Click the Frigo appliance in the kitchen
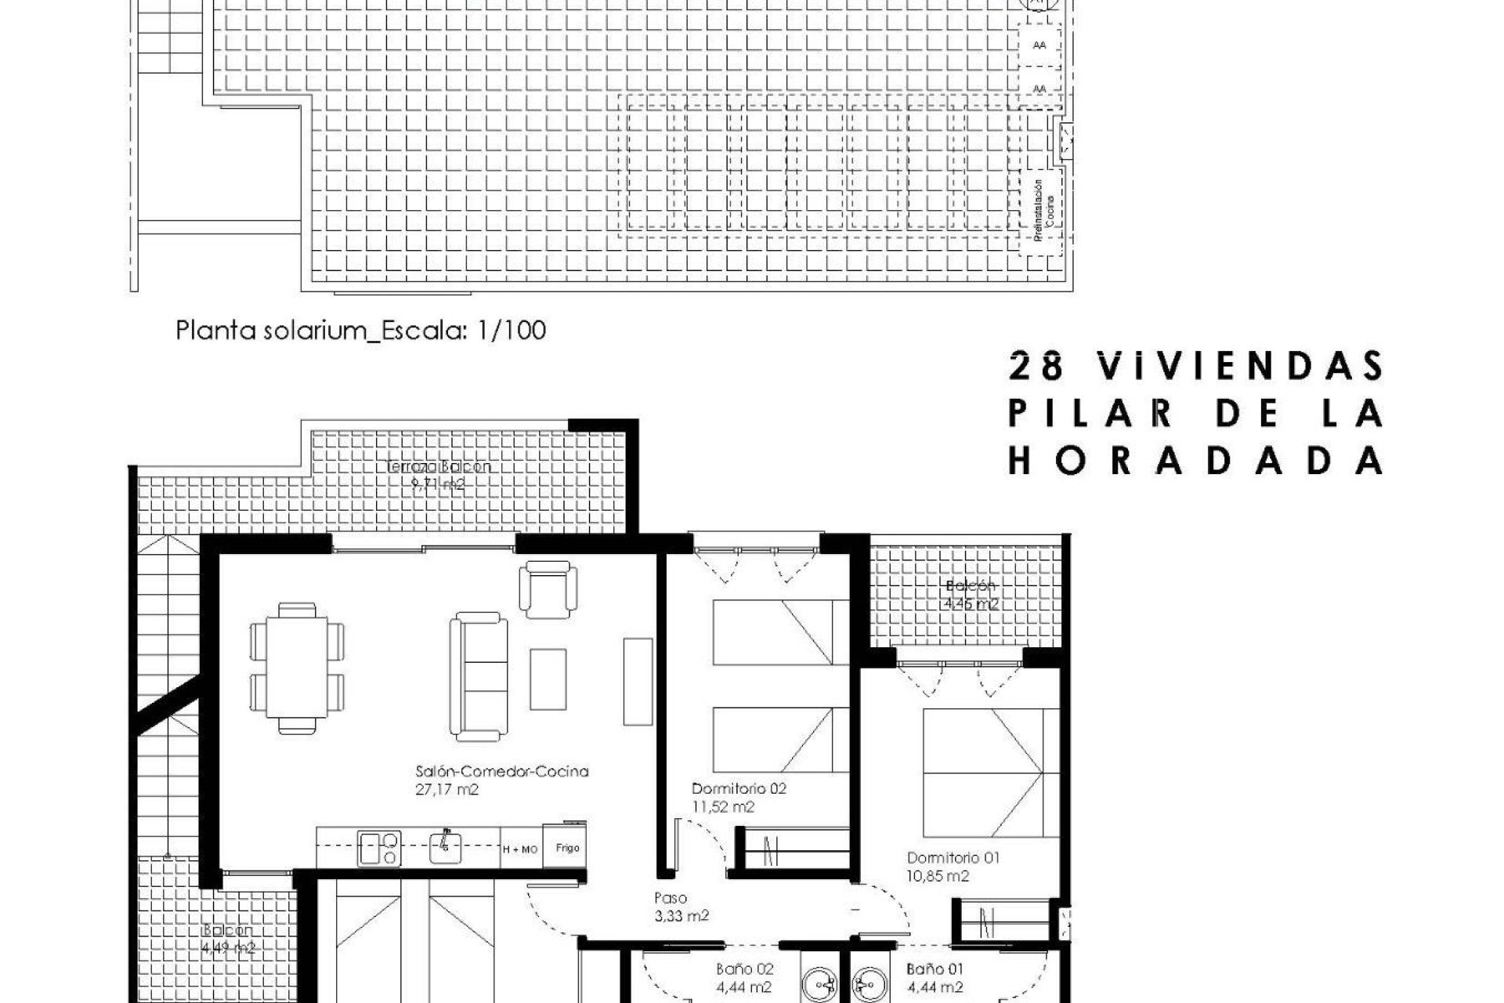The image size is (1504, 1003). (566, 847)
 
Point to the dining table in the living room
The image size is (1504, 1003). (297, 666)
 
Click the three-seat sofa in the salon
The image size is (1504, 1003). (478, 677)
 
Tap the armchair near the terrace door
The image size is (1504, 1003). (548, 589)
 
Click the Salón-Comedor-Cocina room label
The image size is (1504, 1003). (501, 772)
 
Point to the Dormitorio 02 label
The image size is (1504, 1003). (739, 789)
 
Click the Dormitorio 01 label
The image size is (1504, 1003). (953, 858)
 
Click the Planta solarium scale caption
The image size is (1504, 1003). (360, 331)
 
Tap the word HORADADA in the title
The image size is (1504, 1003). (1195, 461)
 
